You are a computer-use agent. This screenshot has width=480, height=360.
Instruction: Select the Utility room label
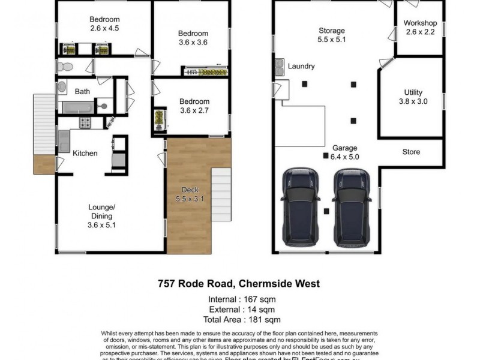[414, 97]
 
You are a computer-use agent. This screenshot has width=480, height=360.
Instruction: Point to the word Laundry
[301, 67]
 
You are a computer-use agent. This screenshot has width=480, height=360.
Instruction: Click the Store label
[411, 152]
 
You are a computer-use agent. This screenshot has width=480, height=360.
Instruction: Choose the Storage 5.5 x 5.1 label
[331, 35]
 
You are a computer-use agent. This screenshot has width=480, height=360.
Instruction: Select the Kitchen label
[85, 154]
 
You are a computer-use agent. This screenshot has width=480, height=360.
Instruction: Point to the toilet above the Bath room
[66, 66]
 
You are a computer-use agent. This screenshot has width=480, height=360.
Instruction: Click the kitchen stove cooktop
[85, 123]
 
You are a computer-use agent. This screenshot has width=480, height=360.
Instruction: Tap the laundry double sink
[280, 67]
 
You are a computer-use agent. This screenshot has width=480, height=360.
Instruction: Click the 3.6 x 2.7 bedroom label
[195, 106]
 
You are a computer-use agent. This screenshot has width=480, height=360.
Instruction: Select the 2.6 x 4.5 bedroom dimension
[105, 28]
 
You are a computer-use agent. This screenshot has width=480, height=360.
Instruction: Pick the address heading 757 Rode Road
[239, 284]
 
